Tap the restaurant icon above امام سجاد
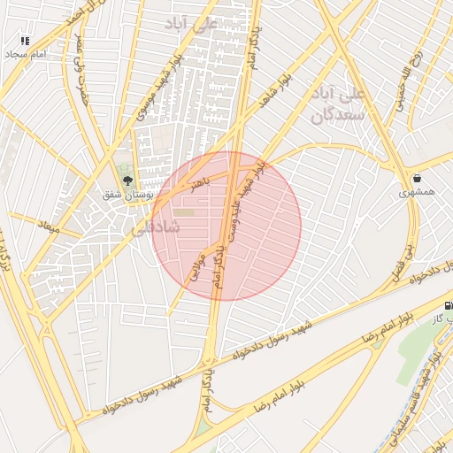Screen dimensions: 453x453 pyautogui.click(x=25, y=41)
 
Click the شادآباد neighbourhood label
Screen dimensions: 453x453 pyautogui.click(x=157, y=227)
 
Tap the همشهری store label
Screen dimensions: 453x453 pyautogui.click(x=417, y=192)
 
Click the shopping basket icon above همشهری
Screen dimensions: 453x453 pyautogui.click(x=417, y=179)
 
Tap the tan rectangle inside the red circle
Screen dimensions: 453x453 pyautogui.click(x=183, y=212)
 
